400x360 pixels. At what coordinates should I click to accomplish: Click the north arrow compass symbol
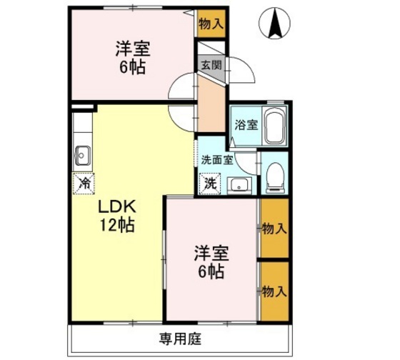pos(274,24)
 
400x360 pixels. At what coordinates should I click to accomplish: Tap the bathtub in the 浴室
pos(275,126)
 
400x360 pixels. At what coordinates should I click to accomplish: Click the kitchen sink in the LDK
pos(82,156)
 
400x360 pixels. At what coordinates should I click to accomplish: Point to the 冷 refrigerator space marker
pos(84,183)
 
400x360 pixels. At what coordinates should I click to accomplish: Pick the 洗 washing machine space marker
pos(210,184)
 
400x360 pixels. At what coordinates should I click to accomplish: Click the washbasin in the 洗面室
pos(239,185)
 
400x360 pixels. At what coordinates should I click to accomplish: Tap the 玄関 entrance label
pos(211,66)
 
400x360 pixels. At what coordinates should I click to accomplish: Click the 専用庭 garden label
pos(180,339)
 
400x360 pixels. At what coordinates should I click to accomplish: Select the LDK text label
pos(117,207)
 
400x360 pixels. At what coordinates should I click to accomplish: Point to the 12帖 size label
pos(116,225)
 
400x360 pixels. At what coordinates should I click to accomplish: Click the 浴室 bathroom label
pos(246,125)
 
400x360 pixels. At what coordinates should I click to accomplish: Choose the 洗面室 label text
pos(217,160)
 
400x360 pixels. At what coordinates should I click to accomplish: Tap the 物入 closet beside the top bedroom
pos(211,24)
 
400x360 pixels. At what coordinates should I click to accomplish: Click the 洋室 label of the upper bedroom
pos(133,49)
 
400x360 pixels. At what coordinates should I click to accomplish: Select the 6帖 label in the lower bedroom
pos(211,271)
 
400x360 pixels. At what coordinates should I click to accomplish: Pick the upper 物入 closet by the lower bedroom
pos(274,228)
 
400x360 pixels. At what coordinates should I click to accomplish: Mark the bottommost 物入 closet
pos(274,291)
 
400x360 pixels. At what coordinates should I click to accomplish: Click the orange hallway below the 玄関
pos(211,104)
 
